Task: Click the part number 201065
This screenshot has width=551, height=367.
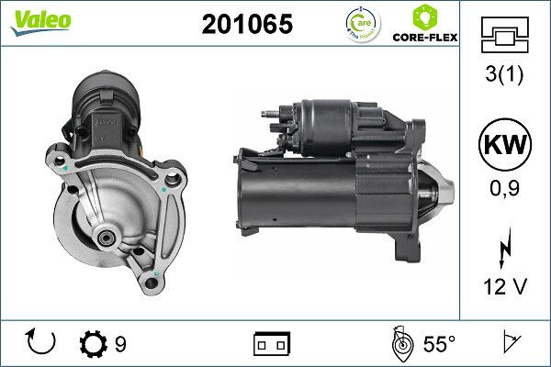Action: pyautogui.click(x=247, y=25)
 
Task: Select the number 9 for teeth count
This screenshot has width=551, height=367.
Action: pyautogui.click(x=121, y=345)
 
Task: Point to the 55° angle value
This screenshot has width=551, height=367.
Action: pyautogui.click(x=439, y=345)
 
